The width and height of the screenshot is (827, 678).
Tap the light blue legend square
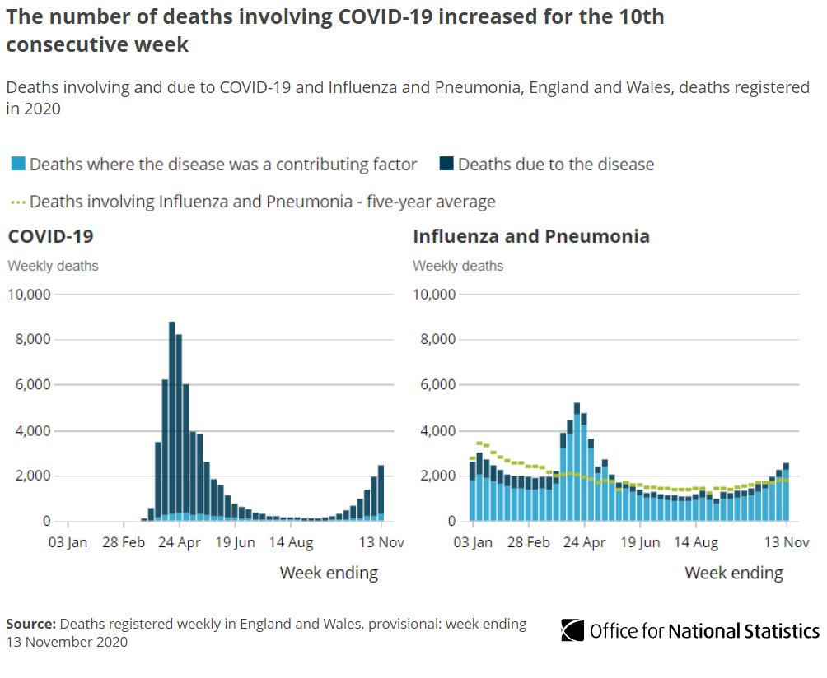point(16,165)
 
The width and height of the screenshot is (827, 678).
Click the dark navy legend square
point(445,165)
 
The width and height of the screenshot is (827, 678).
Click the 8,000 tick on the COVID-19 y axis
point(30,340)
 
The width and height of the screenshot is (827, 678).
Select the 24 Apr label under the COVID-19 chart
point(179,543)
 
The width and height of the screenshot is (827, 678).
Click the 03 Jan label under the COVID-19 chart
point(67,543)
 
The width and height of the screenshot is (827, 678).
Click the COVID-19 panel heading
point(50,237)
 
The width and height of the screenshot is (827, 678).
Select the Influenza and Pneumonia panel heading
point(531,237)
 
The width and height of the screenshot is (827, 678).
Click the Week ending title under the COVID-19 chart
point(329,573)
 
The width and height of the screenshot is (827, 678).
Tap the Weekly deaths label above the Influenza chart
point(458,266)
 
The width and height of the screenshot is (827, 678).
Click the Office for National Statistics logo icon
point(572,631)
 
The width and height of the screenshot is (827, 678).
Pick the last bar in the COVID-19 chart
point(381,494)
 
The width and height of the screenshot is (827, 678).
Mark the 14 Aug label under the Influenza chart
point(696,543)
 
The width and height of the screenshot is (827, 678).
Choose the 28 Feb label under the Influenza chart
point(528,543)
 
